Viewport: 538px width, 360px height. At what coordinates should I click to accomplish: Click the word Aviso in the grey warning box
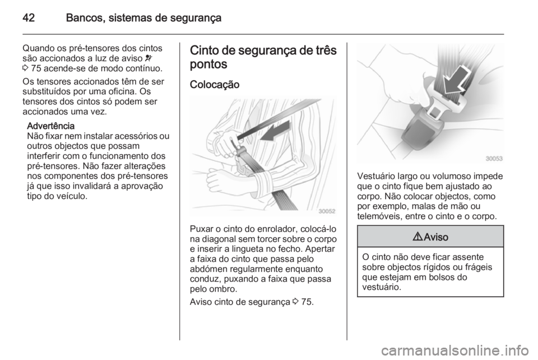pos(436,237)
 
